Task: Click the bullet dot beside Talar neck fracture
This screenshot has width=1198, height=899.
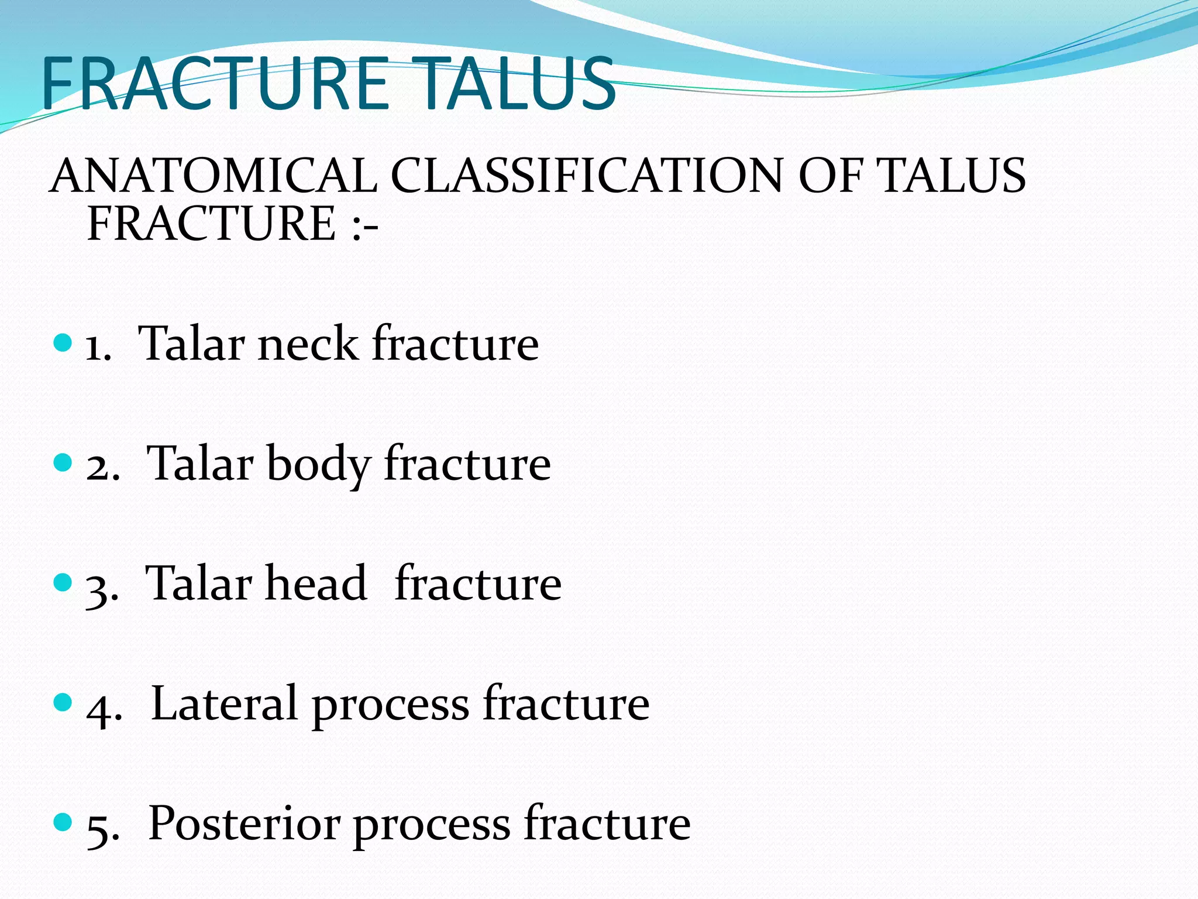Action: (62, 342)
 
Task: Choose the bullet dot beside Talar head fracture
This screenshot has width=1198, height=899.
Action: (62, 582)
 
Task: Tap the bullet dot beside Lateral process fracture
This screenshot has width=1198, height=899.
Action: (62, 702)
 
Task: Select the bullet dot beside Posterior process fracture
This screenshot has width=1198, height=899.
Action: (62, 822)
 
